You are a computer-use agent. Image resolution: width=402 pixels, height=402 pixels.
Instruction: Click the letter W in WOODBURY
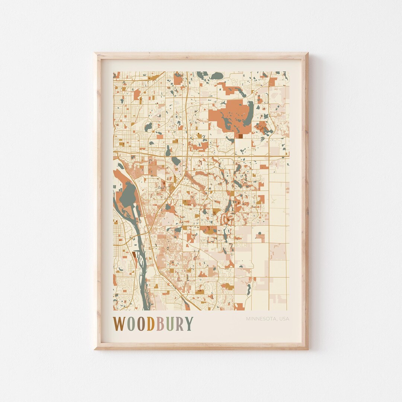click(119, 324)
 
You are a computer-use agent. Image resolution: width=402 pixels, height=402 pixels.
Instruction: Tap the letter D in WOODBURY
click(150, 324)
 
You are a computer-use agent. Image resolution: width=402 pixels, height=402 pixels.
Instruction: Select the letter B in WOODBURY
click(160, 324)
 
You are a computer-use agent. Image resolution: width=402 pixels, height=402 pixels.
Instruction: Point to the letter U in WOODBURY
click(169, 324)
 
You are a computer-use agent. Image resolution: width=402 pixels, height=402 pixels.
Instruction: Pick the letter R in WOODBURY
click(179, 324)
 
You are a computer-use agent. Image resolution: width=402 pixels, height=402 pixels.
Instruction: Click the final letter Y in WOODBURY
click(189, 324)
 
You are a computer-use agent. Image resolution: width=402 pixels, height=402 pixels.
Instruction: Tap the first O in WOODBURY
click(131, 324)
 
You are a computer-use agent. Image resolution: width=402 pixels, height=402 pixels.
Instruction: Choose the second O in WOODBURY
click(140, 324)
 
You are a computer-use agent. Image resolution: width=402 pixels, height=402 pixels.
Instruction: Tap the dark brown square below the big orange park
click(240, 136)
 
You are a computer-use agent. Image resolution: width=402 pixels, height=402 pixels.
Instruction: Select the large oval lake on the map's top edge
click(216, 76)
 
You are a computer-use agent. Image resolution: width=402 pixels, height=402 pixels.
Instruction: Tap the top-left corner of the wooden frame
click(95, 54)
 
